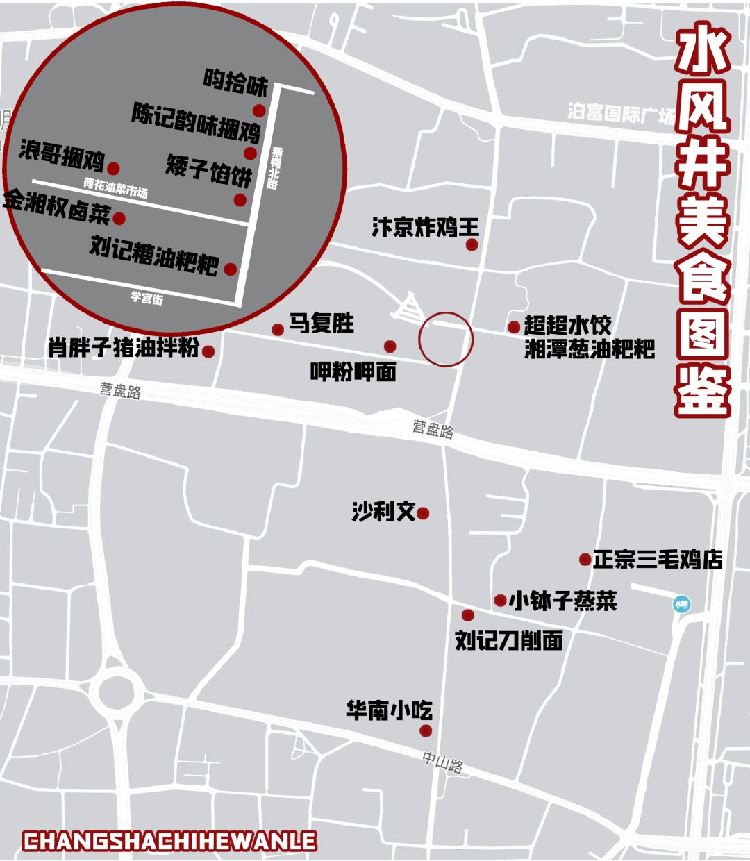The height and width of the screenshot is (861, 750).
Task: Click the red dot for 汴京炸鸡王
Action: pos(472,244)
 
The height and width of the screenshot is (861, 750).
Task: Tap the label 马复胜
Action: pos(321,324)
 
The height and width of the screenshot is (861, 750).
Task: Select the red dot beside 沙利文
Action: pos(423,514)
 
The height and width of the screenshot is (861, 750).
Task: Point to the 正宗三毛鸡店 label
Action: pos(657,560)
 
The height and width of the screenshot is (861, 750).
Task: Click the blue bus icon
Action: pos(682,604)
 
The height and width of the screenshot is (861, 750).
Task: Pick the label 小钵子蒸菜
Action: pos(562,601)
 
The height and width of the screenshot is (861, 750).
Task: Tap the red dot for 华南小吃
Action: pos(426,730)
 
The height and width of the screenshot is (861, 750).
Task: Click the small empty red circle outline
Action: pos(445,340)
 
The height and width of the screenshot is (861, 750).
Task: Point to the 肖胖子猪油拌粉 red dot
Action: pos(208,351)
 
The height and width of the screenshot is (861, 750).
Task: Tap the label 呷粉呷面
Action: pos(353,372)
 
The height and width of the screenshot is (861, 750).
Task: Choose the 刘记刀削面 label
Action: pos(508,640)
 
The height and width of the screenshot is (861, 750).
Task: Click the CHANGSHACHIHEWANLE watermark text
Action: pos(169,842)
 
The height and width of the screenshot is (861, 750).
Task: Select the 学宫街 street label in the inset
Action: pos(147,298)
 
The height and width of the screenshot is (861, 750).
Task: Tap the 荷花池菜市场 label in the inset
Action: pos(115,187)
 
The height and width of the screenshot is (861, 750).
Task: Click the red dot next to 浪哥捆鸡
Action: pos(113,168)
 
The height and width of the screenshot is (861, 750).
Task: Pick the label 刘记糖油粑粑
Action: pos(154,255)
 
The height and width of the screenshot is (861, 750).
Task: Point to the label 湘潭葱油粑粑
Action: pos(590,349)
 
